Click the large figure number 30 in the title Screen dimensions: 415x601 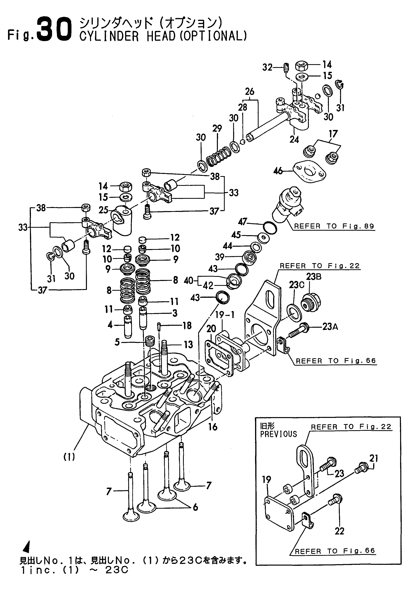tap(54, 29)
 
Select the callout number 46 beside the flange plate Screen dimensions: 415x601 tap(278, 171)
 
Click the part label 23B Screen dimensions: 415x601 tap(314, 277)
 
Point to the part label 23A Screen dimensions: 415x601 tap(330, 327)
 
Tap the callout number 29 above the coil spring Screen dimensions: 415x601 tap(217, 129)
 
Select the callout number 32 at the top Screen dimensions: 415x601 tap(267, 67)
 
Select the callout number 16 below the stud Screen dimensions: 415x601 tap(213, 427)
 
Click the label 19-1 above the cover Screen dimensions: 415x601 tap(225, 315)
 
